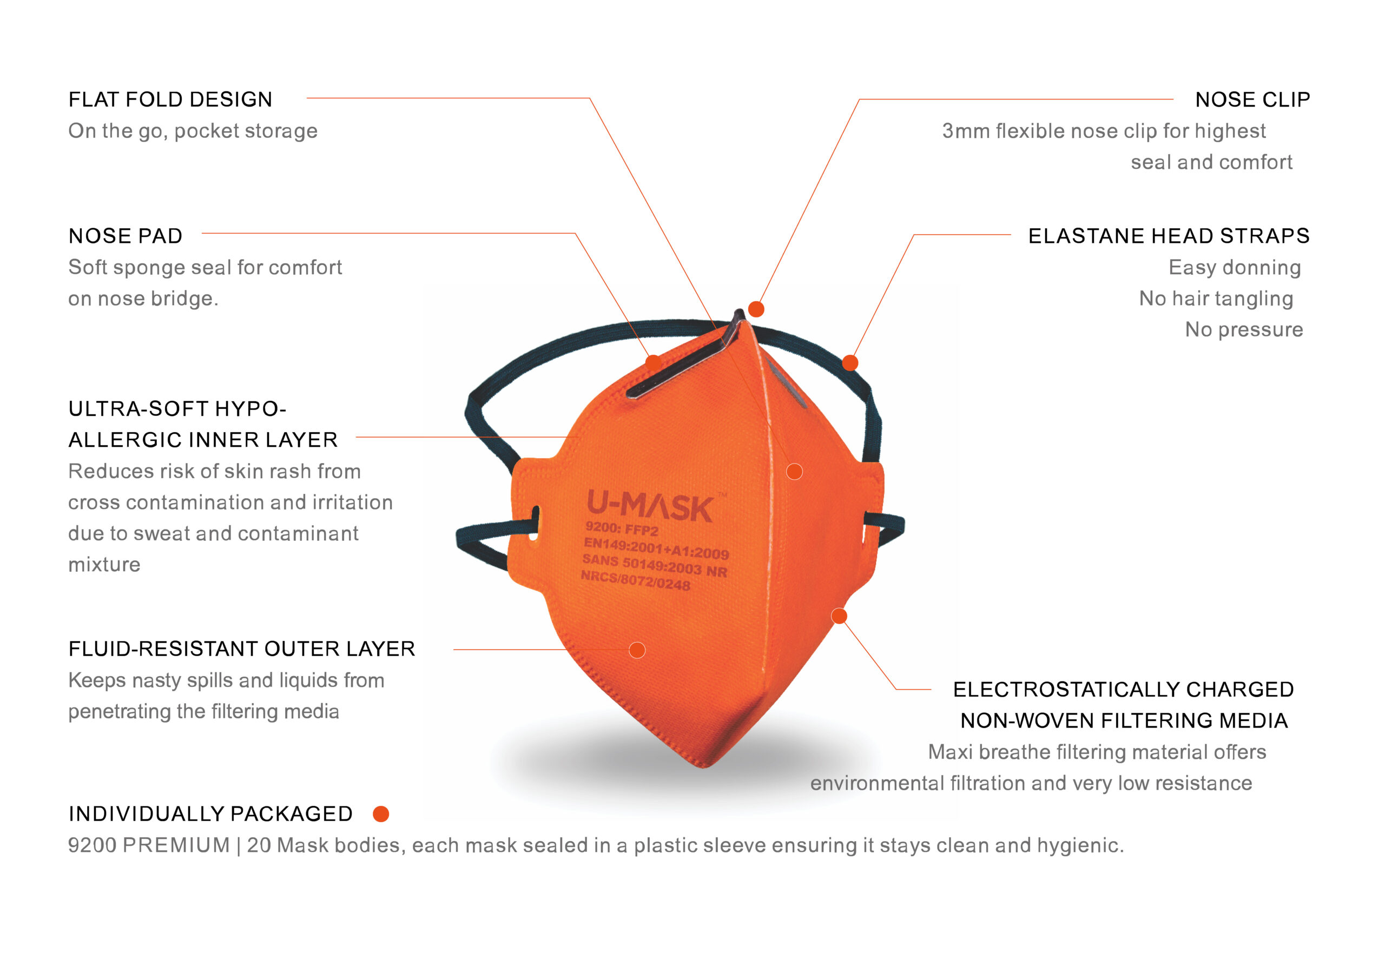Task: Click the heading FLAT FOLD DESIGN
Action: [170, 100]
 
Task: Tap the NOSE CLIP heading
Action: [1252, 100]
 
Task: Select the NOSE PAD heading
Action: [126, 236]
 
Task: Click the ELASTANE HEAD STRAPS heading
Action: [1169, 236]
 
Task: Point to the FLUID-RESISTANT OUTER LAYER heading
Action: [242, 649]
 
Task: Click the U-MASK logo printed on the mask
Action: [650, 506]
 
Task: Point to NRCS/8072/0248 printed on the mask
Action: [635, 580]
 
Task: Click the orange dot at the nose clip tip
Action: [756, 309]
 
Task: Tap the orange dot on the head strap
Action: [850, 362]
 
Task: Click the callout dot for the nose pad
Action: [654, 363]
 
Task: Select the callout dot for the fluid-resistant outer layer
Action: [637, 650]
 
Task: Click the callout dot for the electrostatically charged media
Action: [839, 616]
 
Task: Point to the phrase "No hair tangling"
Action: [1216, 299]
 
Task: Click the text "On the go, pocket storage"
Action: [193, 131]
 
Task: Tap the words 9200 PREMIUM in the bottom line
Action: [149, 845]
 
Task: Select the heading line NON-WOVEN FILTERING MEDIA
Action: [1124, 720]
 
